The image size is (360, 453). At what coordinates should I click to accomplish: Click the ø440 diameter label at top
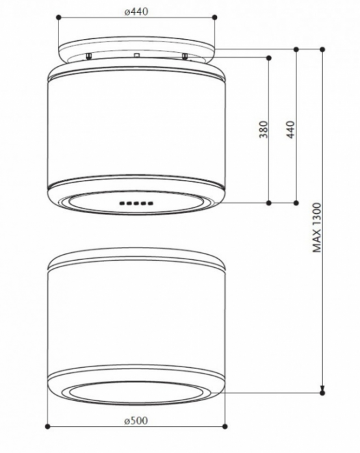136,12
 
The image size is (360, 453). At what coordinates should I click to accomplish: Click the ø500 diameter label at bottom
136,421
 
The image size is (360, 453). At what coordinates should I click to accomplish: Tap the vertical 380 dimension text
263,129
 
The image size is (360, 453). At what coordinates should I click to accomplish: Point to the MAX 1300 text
317,227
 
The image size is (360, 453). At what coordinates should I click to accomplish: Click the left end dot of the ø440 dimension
58,18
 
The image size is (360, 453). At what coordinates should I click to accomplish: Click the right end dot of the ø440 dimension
214,18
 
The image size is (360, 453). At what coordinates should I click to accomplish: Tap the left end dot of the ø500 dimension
47,426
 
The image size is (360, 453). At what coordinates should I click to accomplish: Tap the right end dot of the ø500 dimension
225,426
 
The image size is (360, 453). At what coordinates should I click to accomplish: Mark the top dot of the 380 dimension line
268,58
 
